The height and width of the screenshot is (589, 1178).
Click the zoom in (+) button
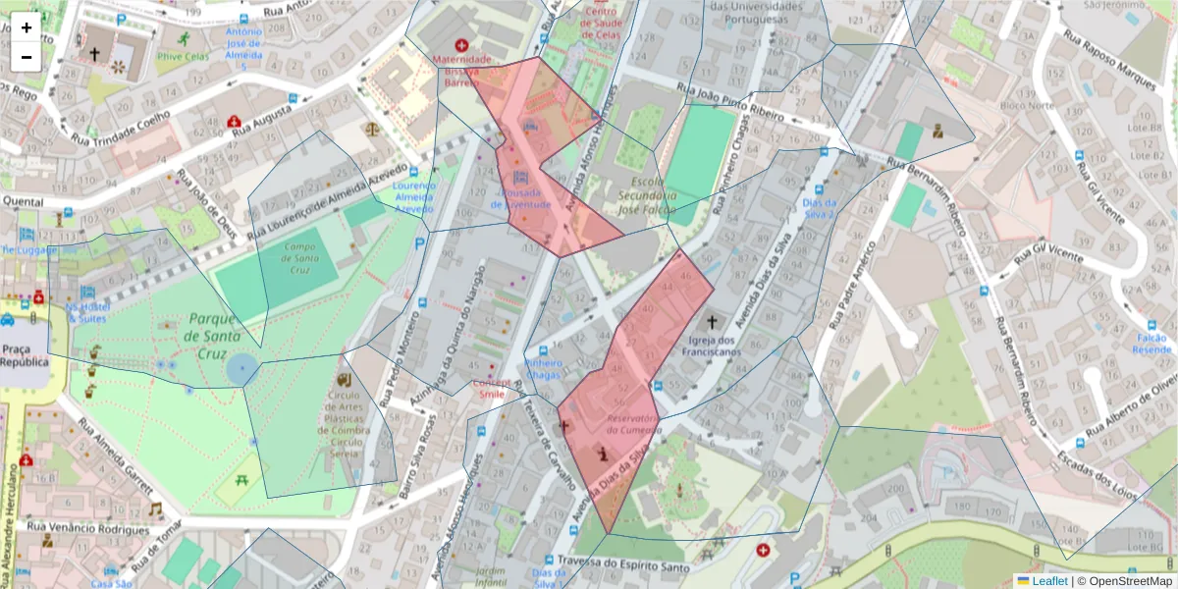pyautogui.click(x=27, y=27)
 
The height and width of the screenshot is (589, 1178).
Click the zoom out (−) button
pyautogui.click(x=27, y=57)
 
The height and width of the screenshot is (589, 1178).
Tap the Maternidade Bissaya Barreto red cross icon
pyautogui.click(x=461, y=45)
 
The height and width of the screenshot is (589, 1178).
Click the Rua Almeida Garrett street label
pyautogui.click(x=115, y=461)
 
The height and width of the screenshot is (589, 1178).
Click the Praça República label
pyautogui.click(x=25, y=354)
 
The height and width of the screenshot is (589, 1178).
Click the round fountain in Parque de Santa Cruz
pyautogui.click(x=241, y=370)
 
